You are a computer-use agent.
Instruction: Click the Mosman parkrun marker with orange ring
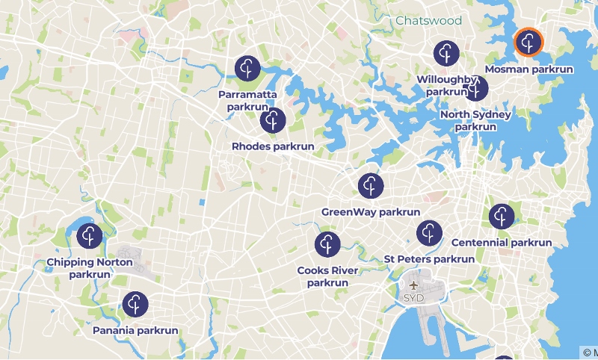(529, 42)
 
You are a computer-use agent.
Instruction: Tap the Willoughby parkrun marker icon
(447, 53)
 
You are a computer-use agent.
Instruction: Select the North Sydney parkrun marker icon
(476, 89)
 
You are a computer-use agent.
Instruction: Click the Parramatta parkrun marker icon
(247, 68)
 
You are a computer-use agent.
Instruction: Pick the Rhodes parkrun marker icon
(273, 120)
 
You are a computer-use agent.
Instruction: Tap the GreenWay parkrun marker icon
(371, 186)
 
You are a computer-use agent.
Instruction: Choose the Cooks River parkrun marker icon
(327, 244)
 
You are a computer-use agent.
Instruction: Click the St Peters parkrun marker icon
(429, 233)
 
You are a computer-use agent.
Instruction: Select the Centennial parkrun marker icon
(502, 217)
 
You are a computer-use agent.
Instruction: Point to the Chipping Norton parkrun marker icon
(90, 236)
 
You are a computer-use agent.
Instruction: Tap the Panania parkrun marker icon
(135, 304)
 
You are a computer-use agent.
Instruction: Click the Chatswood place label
(428, 20)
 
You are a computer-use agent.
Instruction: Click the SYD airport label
(413, 298)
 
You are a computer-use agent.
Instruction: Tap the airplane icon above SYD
(413, 285)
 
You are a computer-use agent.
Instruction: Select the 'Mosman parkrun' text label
(529, 69)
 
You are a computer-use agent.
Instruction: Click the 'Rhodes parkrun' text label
(273, 146)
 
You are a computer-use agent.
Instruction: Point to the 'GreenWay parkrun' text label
(371, 212)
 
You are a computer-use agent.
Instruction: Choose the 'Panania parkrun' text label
(135, 330)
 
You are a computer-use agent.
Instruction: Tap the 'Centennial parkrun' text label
(502, 243)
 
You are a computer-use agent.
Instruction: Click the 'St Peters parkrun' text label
(429, 259)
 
